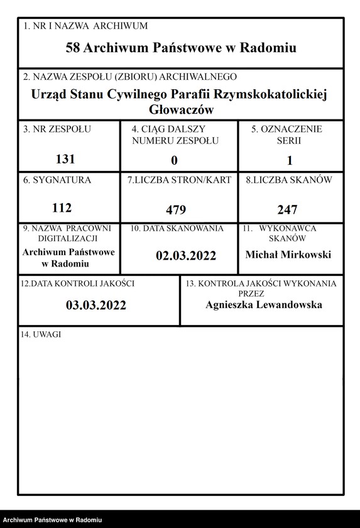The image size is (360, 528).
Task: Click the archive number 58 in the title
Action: tap(73, 48)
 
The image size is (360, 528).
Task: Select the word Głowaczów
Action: tap(180, 109)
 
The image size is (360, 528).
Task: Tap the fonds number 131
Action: tap(65, 159)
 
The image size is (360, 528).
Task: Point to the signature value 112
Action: tap(61, 208)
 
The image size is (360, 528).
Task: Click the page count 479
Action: tap(176, 210)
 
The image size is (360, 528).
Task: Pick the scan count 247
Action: tap(287, 210)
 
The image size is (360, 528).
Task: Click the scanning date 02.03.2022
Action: tap(186, 255)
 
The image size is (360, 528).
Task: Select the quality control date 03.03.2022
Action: tap(96, 305)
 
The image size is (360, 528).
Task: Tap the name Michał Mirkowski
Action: tap(288, 255)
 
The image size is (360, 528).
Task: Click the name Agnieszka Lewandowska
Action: tap(264, 305)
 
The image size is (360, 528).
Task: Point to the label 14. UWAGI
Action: tap(41, 335)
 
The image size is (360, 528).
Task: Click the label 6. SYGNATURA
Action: tap(57, 180)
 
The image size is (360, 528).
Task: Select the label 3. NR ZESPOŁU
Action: tap(57, 129)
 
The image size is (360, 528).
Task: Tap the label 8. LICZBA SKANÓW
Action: tap(289, 180)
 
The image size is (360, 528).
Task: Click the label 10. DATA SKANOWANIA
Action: tap(177, 229)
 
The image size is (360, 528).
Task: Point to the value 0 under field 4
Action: tap(175, 160)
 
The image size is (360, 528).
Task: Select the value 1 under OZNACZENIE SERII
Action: tap(290, 160)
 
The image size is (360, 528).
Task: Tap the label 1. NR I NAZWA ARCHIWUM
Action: tap(85, 26)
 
